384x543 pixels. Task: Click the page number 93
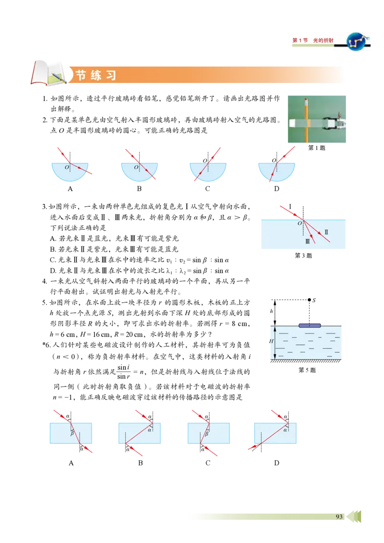tap(339, 517)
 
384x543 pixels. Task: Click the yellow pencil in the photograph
tap(306, 120)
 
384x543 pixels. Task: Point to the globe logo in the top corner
tap(356, 42)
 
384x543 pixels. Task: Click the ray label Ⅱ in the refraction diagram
tap(326, 232)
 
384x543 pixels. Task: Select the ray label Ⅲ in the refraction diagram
tap(307, 242)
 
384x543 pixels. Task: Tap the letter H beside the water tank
tap(271, 341)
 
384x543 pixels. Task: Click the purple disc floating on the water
tap(310, 325)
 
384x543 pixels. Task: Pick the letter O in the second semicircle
tap(136, 167)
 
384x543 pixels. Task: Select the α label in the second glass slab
tap(150, 430)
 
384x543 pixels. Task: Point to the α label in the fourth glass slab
tap(285, 430)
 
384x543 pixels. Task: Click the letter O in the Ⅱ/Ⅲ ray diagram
tap(300, 223)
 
